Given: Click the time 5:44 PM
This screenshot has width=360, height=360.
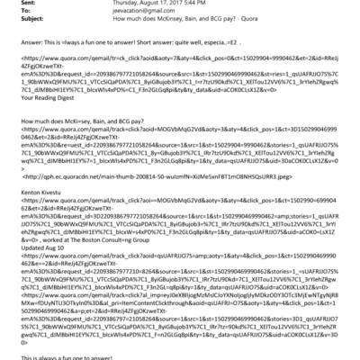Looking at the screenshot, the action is tap(211, 4).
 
